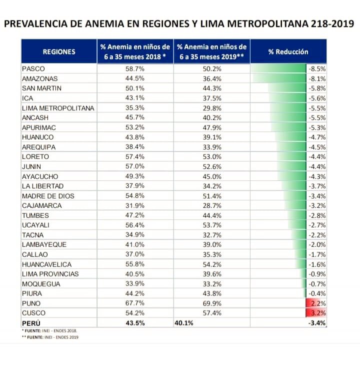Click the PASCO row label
(33, 69)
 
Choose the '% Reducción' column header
(288, 51)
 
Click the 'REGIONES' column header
(59, 51)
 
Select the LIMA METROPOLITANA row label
(58, 108)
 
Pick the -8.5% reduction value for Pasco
(317, 69)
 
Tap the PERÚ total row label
(32, 323)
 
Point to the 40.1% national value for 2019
(184, 323)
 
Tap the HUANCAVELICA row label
(47, 264)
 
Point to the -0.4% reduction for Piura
(317, 294)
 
